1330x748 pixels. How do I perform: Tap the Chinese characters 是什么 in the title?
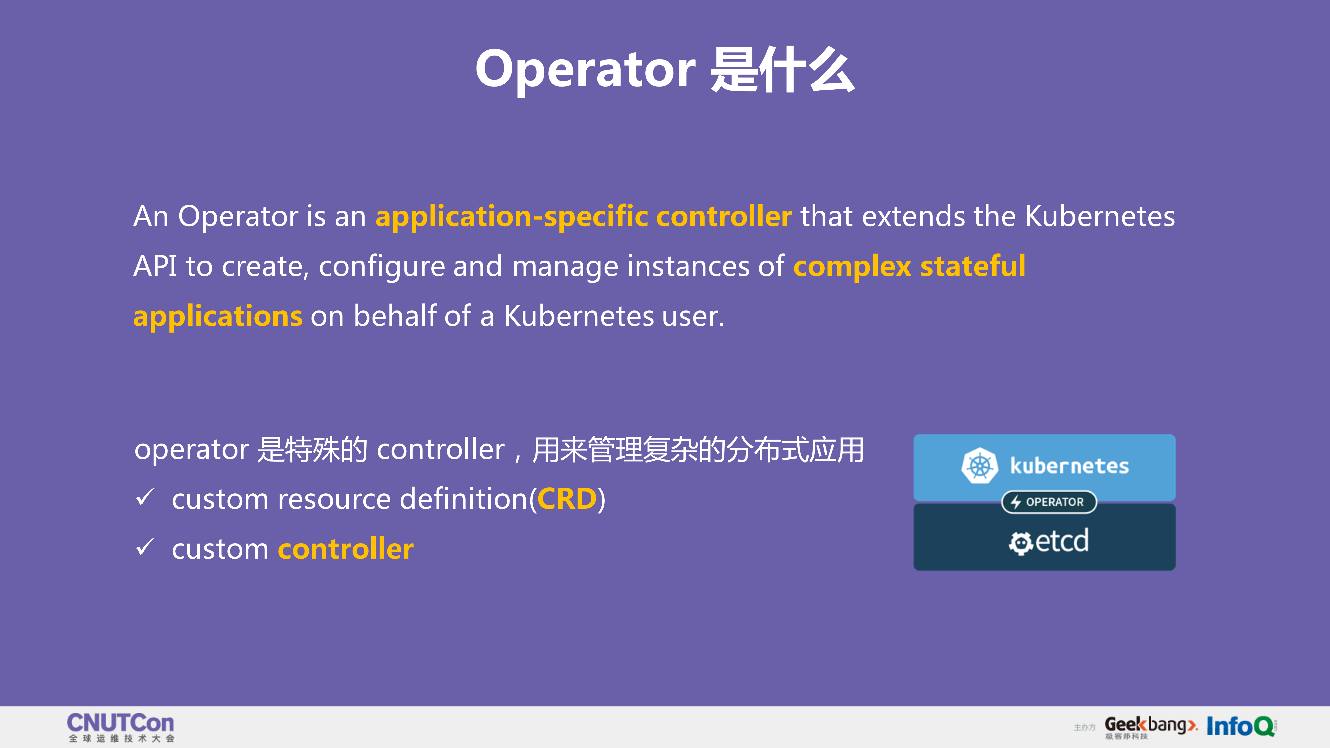[782, 70]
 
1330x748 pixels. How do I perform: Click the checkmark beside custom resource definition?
[145, 498]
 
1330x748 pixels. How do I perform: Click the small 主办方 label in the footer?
[1084, 727]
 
